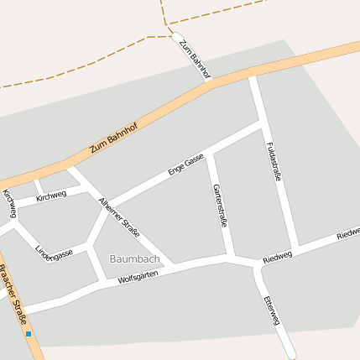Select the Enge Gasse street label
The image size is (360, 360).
click(186, 164)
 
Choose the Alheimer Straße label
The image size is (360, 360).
click(118, 217)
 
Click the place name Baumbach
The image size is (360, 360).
click(133, 258)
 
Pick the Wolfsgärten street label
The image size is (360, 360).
click(138, 277)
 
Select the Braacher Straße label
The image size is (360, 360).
click(13, 294)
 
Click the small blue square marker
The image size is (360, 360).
click(29, 334)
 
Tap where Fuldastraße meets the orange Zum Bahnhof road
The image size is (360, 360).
click(252, 76)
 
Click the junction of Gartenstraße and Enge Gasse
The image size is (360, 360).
click(211, 153)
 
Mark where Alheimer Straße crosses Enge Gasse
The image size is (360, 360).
click(107, 206)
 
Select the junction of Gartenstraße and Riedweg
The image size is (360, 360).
click(231, 257)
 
